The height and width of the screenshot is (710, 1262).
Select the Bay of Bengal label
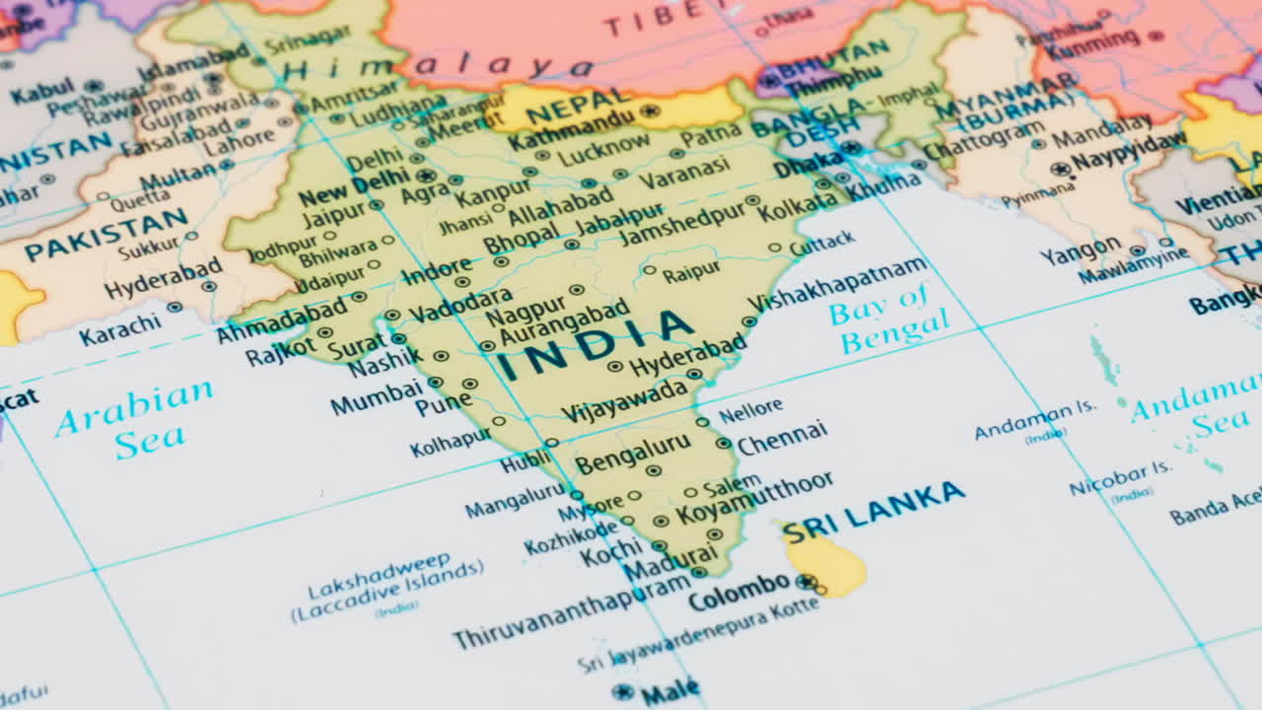pos(887,318)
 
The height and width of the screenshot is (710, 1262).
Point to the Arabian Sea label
pos(135,418)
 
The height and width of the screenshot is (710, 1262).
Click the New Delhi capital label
pos(353,184)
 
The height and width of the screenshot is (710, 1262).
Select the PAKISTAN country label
pos(105,234)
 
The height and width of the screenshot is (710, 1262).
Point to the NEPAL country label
pos(578,106)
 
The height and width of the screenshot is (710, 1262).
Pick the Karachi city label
pos(119,328)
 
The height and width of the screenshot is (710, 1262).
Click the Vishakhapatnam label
pos(838,282)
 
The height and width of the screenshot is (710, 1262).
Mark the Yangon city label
pos(1080,250)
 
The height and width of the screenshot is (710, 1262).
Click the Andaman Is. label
pos(1035,421)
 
